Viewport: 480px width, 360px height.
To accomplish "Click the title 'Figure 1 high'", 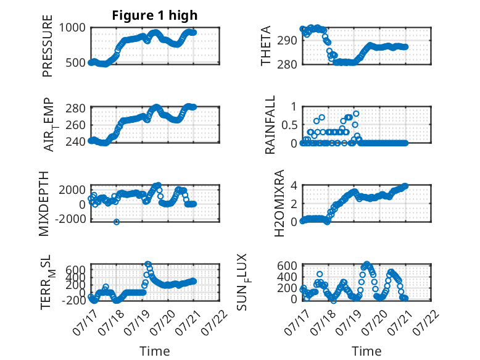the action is coord(155,15).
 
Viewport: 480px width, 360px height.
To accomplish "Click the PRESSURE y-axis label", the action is coord(48,46).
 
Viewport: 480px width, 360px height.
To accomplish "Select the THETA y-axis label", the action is coord(266,46).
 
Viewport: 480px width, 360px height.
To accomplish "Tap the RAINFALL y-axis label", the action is coord(270,125).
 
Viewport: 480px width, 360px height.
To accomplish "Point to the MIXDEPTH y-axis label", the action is coord(44,204).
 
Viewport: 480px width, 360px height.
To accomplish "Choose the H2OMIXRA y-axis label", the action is coord(279,203).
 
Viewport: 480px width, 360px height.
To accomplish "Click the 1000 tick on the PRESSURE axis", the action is coord(72,28).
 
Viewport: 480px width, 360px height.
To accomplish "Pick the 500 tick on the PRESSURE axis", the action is coord(76,62).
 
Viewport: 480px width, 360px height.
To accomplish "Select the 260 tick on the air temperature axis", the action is coord(76,125).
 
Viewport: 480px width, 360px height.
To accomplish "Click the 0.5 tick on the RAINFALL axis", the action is coord(289,125).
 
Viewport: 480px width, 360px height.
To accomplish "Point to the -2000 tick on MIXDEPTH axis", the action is coord(71,219).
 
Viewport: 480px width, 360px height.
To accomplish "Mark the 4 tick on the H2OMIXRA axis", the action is coord(294,185).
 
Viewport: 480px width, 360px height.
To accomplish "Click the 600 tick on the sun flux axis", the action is coord(288,266).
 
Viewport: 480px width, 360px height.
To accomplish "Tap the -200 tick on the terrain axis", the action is coord(74,300).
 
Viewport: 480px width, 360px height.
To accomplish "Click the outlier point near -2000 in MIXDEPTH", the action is coord(117,222).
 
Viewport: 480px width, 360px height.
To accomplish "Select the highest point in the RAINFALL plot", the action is coord(356,114).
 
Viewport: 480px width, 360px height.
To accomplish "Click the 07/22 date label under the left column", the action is coord(215,322).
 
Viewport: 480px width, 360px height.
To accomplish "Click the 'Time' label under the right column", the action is coord(366,351).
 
